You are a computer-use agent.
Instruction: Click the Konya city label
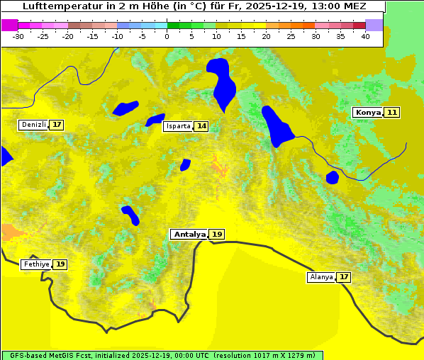[368, 113]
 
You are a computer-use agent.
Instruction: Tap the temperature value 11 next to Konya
[392, 113]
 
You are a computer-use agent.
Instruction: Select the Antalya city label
[189, 234]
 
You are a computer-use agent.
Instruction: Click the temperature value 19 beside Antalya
[217, 234]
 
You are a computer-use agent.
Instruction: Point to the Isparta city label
[177, 126]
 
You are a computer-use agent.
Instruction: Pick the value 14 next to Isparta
[201, 126]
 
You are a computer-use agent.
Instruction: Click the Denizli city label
[33, 125]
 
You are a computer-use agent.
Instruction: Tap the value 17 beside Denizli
[57, 125]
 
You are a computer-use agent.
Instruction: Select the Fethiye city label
[36, 264]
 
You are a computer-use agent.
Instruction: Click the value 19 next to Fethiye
[60, 264]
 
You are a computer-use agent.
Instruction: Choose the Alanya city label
[321, 277]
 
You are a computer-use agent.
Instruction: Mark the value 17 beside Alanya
[344, 277]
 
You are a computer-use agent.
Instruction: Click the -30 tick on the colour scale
[18, 36]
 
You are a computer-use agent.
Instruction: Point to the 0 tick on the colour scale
[167, 36]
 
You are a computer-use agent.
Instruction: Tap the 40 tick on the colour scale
[365, 36]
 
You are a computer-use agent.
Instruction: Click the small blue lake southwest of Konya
[333, 176]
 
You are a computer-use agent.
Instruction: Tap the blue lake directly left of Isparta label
[155, 120]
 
